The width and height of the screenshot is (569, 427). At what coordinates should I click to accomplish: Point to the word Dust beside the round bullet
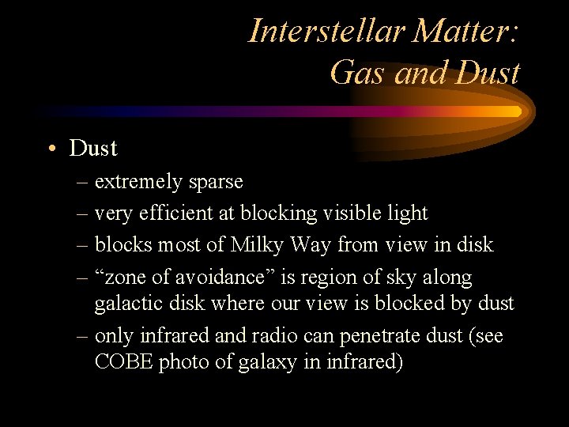click(x=93, y=148)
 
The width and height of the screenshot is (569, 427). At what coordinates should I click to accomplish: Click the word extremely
click(x=139, y=182)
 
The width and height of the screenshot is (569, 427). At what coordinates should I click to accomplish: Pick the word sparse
click(x=216, y=182)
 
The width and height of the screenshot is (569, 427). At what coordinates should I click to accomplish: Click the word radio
click(x=277, y=335)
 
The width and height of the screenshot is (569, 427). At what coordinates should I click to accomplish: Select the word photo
click(x=184, y=362)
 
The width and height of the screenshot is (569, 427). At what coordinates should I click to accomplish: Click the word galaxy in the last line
click(x=264, y=362)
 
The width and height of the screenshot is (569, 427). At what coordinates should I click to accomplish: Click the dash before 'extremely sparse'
click(x=83, y=183)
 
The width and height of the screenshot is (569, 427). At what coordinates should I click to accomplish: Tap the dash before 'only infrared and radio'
click(x=83, y=336)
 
